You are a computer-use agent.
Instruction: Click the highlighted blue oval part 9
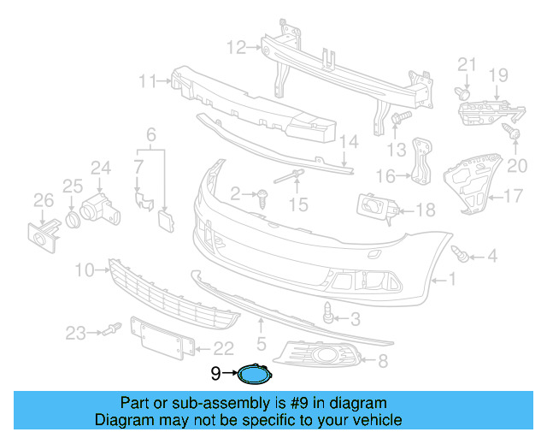click(254, 373)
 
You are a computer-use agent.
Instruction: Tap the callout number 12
click(236, 46)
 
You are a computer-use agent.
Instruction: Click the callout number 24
click(101, 168)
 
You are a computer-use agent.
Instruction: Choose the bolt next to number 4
click(462, 253)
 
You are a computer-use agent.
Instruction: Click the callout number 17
click(512, 197)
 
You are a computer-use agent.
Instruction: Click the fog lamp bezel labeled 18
click(374, 208)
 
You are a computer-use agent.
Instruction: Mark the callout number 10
click(84, 270)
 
